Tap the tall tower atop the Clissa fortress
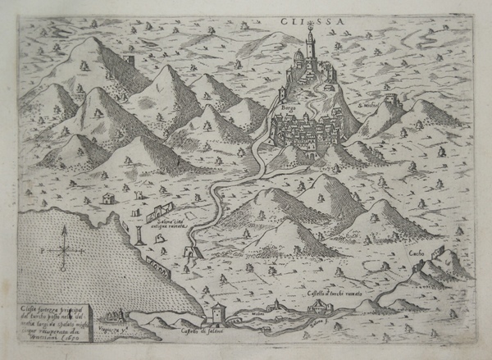310,37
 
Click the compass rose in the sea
65,247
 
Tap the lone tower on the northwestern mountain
134,63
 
